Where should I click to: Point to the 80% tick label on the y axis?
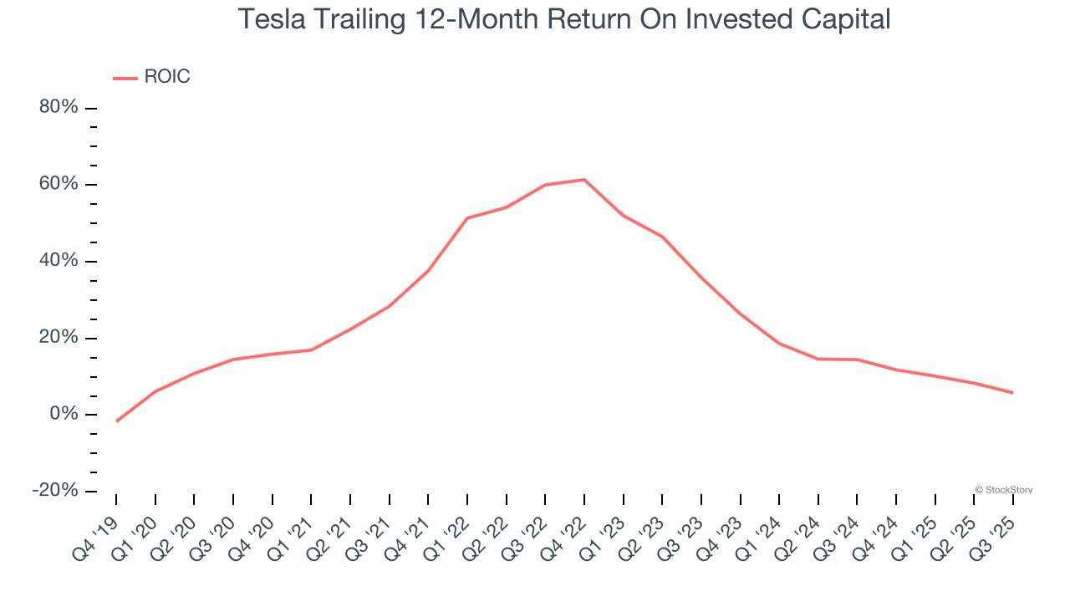[59, 108]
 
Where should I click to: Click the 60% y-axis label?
[59, 184]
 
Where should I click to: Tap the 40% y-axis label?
[59, 261]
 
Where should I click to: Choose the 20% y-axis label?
[59, 338]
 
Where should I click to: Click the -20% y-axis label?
[55, 491]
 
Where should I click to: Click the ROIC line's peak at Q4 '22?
[584, 180]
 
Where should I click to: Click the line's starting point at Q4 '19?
[116, 421]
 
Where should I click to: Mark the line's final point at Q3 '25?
[1013, 393]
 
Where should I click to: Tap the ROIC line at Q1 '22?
[467, 218]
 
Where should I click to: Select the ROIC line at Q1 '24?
[779, 344]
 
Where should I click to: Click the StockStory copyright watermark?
[1004, 490]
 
